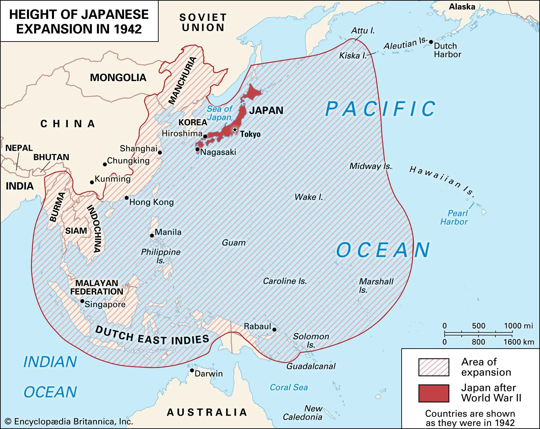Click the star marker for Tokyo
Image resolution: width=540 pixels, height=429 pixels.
click(x=235, y=130)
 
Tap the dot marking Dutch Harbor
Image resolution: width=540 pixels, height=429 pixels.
click(x=431, y=42)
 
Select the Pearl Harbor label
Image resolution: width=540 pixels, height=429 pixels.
click(x=454, y=218)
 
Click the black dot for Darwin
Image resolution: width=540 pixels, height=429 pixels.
click(x=192, y=371)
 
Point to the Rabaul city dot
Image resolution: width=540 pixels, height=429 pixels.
click(x=274, y=330)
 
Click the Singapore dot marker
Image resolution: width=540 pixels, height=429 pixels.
click(x=82, y=301)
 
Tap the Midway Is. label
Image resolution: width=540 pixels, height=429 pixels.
click(x=370, y=166)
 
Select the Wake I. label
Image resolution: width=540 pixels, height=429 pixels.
click(x=308, y=197)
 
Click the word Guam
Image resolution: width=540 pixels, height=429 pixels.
click(x=234, y=243)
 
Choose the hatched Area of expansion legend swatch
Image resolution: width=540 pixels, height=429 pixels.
click(x=434, y=367)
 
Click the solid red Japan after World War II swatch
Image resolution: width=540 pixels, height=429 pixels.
click(x=434, y=393)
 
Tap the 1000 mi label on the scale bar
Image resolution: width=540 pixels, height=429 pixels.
click(x=518, y=326)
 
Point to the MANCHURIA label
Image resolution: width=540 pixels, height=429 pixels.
click(x=183, y=80)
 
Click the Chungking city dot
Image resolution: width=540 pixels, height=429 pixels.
click(x=105, y=165)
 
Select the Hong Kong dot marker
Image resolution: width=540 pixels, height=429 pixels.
click(x=127, y=198)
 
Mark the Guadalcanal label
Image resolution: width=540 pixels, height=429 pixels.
click(x=311, y=366)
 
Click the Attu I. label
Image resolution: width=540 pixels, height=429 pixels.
click(x=363, y=31)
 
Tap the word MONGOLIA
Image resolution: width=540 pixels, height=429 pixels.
click(x=118, y=78)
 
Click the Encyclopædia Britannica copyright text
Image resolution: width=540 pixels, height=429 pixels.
click(x=69, y=422)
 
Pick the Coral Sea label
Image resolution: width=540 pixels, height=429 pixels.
click(x=289, y=387)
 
